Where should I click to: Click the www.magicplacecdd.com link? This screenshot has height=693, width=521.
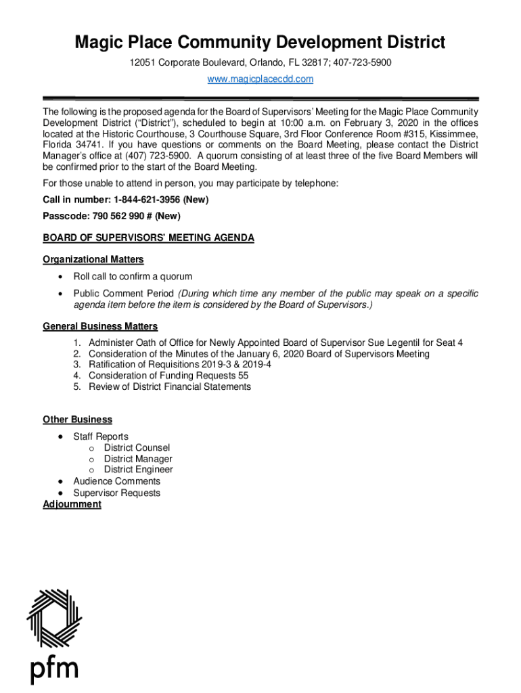point(260,79)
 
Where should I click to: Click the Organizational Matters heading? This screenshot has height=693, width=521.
point(93,259)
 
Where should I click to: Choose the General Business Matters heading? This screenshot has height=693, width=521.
point(100,326)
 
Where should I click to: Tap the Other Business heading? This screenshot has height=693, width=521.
point(77,420)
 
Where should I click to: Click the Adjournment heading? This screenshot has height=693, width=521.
point(72,504)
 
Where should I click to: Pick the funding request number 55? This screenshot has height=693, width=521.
point(243,376)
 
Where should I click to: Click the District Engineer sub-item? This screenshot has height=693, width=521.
point(138,470)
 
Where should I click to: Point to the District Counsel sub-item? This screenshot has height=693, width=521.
point(137,447)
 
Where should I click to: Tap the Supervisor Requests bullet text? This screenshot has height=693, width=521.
point(116,493)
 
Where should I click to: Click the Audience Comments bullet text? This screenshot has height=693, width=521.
point(116,481)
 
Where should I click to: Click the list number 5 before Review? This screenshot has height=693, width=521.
point(77,386)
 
